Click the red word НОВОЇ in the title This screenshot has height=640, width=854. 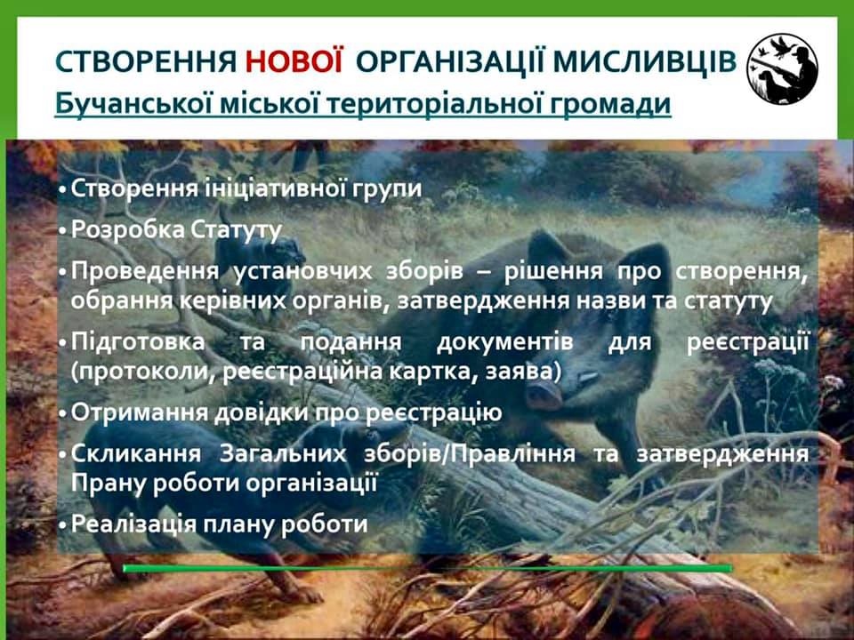pos(294,61)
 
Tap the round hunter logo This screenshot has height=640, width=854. pos(782,68)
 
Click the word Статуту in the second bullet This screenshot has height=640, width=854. pos(237,229)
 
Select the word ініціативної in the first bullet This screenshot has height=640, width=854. pos(275,188)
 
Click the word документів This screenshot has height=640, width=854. pos(504,342)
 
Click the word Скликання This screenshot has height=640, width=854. pos(136,453)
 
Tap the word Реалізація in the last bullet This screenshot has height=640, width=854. pos(133,524)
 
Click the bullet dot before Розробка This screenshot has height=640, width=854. pos(63,231)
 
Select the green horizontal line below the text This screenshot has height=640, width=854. pos(428,568)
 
